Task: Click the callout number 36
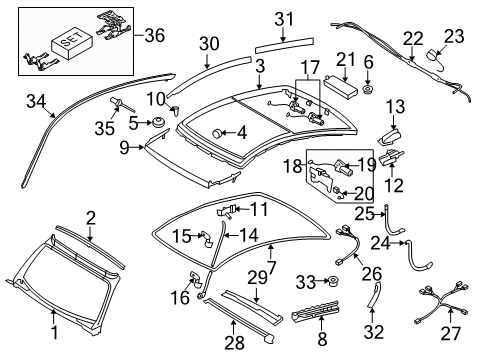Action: coord(155,35)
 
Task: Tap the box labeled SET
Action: coord(72,44)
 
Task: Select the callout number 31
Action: coord(284,19)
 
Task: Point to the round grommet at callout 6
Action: coord(368,89)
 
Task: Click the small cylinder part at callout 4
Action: coord(218,133)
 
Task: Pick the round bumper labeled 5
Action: coord(157,122)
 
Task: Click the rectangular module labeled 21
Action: coord(340,87)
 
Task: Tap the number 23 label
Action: coord(454,36)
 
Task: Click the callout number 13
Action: coord(395,107)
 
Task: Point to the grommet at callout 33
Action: coord(332,282)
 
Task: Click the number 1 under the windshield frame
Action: coord(54,332)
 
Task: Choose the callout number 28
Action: coord(234,343)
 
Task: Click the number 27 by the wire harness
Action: coord(451,333)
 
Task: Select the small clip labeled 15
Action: coord(207,239)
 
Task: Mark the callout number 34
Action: coord(36,101)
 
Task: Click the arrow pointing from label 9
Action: coord(137,147)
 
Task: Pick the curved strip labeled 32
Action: coord(374,294)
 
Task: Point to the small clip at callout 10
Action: coord(176,110)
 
